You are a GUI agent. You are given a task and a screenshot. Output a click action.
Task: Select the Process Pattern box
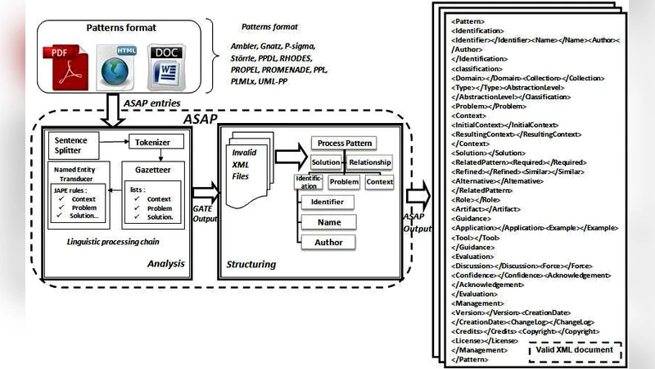[342, 143]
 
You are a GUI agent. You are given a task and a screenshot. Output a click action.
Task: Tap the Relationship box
[370, 162]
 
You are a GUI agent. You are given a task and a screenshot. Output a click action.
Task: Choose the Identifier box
[327, 202]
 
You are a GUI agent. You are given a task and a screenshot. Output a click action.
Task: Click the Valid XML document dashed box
[573, 350]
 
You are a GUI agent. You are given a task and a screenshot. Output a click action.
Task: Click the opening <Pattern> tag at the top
[468, 20]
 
